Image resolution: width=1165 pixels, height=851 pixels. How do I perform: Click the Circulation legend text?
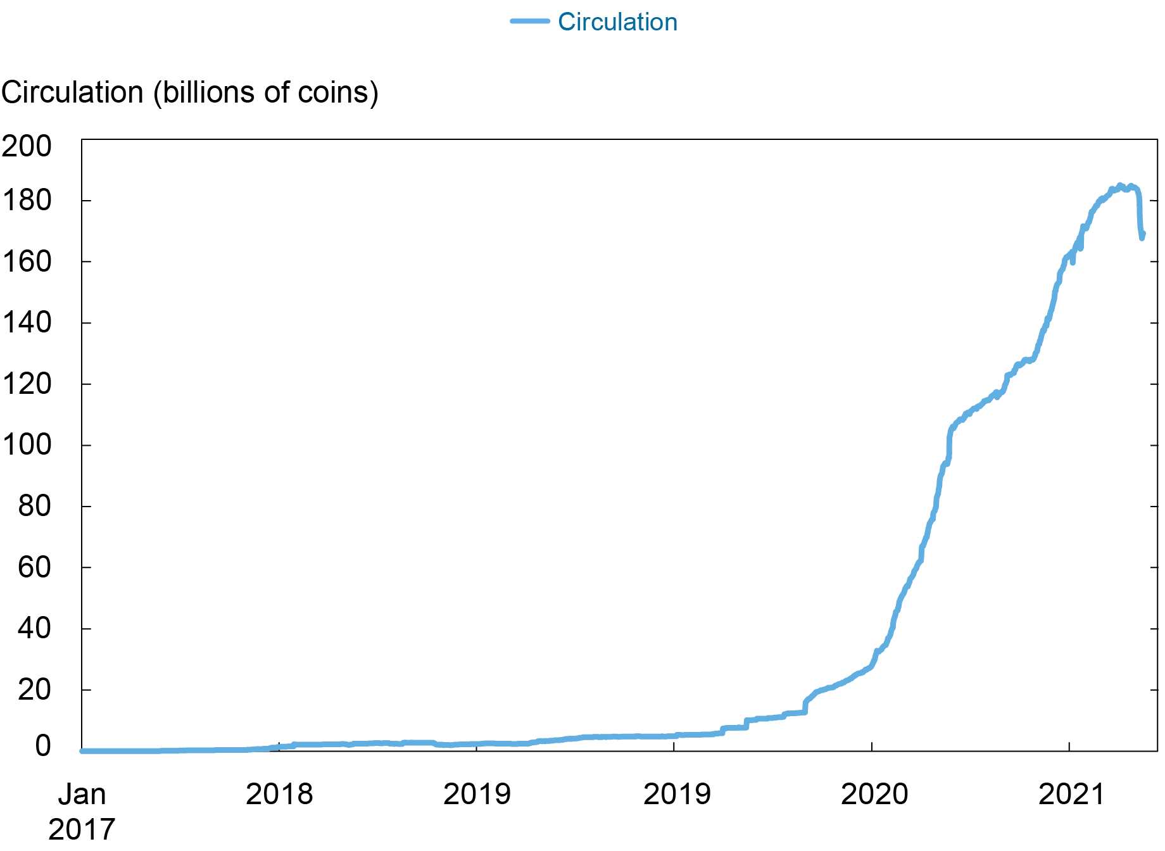(x=617, y=22)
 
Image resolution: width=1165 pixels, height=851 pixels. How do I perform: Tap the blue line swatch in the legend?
(x=530, y=22)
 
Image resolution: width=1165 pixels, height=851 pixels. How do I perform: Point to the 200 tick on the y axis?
(x=27, y=146)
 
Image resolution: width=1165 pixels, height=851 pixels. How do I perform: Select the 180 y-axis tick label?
(x=27, y=201)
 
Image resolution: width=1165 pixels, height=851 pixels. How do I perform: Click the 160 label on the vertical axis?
(x=27, y=262)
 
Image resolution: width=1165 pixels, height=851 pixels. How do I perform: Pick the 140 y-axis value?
(x=27, y=323)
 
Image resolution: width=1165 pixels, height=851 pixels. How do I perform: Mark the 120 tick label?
(x=27, y=384)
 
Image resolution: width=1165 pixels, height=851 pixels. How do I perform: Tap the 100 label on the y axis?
(x=27, y=445)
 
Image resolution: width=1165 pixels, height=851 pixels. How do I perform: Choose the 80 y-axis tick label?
(x=34, y=507)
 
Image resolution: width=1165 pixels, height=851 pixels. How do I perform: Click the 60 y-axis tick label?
(x=34, y=567)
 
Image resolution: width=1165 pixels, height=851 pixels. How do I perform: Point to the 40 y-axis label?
(x=34, y=629)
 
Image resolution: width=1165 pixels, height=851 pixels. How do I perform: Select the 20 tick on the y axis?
(x=34, y=690)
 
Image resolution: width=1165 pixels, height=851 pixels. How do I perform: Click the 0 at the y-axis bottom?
(x=43, y=746)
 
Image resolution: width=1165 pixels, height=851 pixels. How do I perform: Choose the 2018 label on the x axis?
(x=279, y=795)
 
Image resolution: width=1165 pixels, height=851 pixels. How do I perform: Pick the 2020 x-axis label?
(x=874, y=795)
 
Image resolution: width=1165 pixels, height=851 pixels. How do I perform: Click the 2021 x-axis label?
(x=1071, y=795)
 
